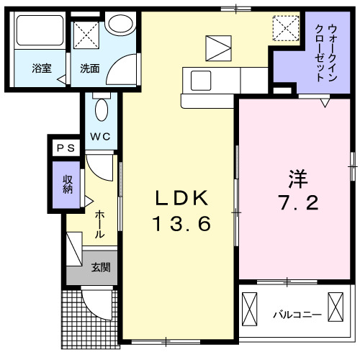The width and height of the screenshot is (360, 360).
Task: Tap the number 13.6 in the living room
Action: (x=180, y=225)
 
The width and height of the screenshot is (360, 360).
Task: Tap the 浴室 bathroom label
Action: (x=41, y=68)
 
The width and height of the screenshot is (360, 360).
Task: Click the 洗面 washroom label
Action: (x=90, y=68)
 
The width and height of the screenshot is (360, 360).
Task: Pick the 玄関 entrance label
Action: (x=101, y=269)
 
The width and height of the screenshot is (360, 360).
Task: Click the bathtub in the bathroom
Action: (x=40, y=32)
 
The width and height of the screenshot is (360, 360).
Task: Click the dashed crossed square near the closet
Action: (x=289, y=30)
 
